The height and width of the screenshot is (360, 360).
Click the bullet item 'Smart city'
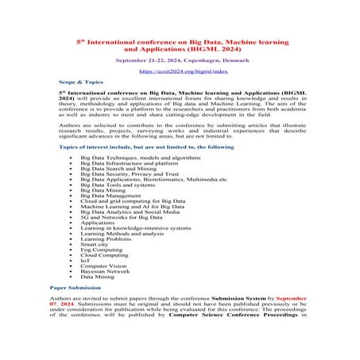tap(107, 243)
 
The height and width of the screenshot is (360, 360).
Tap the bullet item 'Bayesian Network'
tap(118, 271)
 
